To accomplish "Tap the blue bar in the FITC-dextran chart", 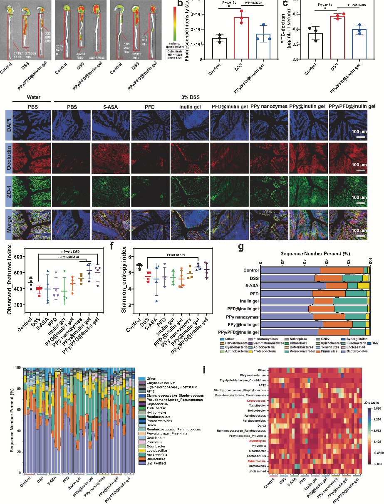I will click(359, 44).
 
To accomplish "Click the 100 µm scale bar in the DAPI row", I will click(360, 136).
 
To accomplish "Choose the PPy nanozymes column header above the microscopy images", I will click(268, 107).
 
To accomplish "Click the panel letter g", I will click(240, 246).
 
